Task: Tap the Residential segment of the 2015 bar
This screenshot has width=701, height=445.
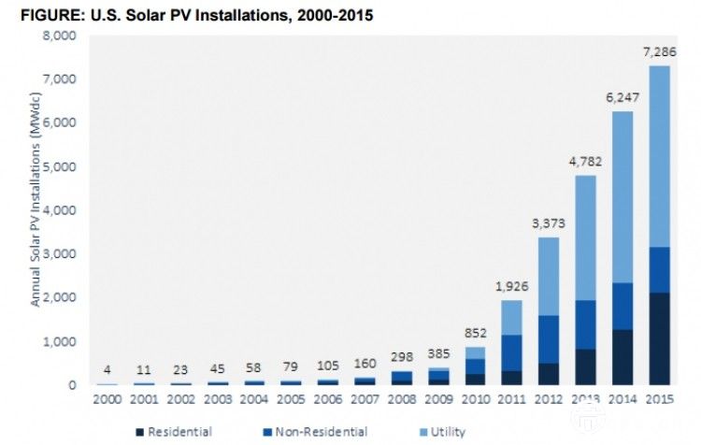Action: point(660,338)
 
